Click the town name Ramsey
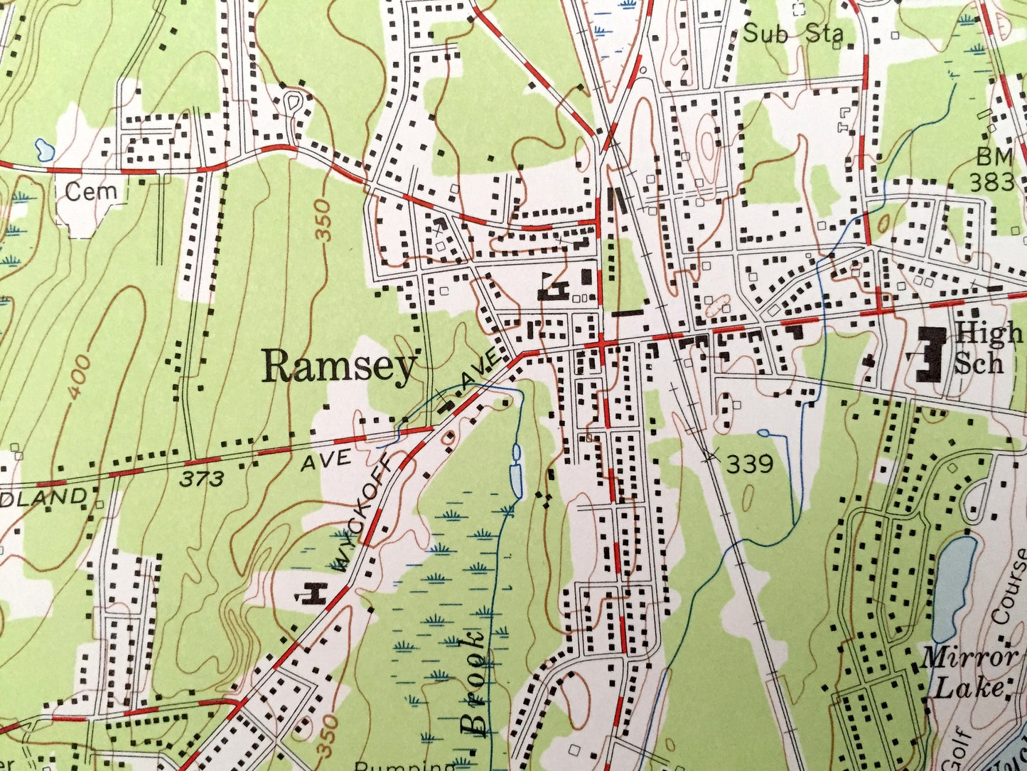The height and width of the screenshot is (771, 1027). coord(338,368)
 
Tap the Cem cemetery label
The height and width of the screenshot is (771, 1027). coord(90,191)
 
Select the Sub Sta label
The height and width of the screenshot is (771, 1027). coord(792,33)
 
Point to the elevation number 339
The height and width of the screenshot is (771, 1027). coord(749,464)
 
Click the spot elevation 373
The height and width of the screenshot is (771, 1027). coord(201,479)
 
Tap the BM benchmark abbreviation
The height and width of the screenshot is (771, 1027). coord(993,156)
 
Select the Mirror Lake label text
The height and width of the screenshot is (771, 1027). coord(968,671)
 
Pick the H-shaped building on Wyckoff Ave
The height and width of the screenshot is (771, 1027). coord(313,592)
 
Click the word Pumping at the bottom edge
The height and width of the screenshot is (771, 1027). coord(405,765)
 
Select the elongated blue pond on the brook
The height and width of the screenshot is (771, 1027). coord(517,472)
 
